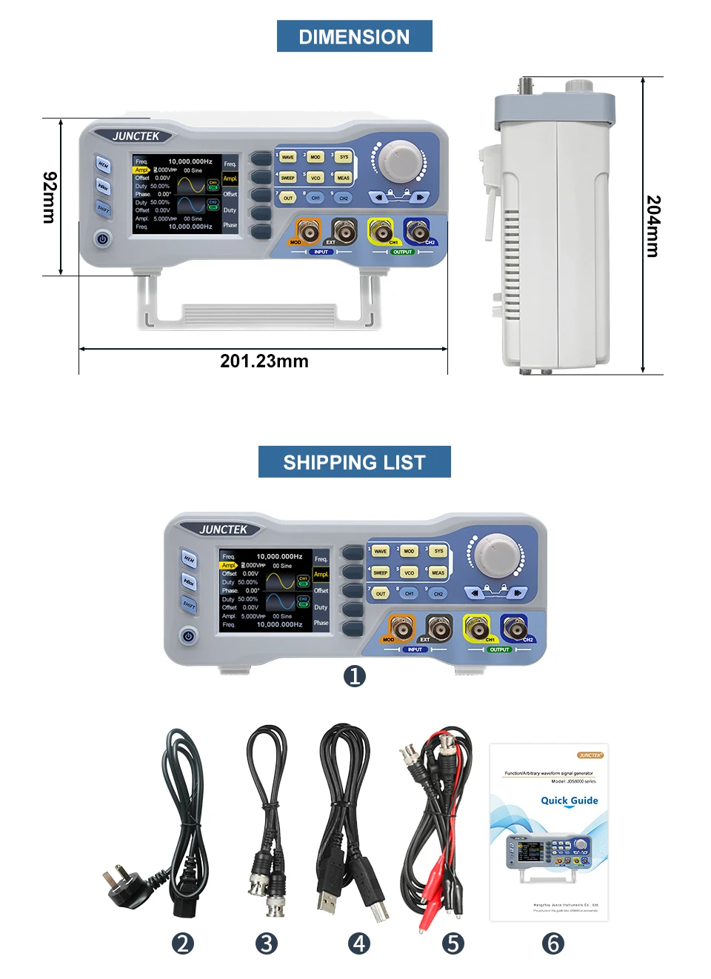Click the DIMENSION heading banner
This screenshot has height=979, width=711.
point(354,36)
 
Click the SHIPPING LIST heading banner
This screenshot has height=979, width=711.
point(354,462)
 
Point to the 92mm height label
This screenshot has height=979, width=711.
point(50,197)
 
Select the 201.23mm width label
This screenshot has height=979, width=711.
point(264,361)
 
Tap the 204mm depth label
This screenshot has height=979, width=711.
point(652,226)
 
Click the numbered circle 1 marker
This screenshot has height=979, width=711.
point(355,675)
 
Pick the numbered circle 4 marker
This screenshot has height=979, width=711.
point(359,943)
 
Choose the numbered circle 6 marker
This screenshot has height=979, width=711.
point(553,943)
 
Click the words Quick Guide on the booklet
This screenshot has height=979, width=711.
point(569,801)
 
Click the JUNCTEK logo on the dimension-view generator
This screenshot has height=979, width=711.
point(136,136)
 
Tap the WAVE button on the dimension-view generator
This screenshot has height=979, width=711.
point(288,157)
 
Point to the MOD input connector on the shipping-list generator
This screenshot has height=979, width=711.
point(401,628)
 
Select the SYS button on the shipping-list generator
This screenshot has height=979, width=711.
point(438,551)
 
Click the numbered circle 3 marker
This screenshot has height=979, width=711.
point(266,943)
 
